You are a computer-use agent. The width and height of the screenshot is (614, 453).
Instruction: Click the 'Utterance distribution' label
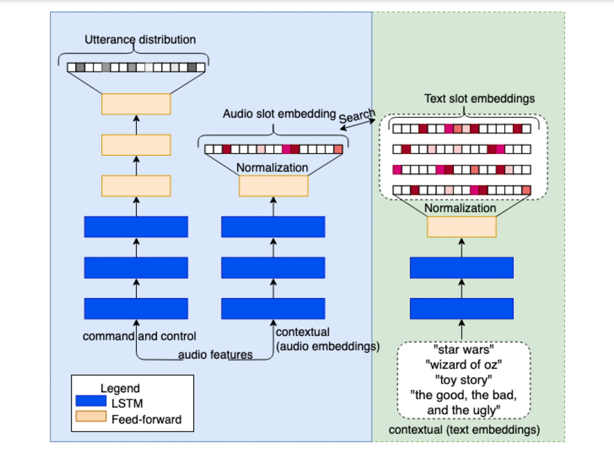click(140, 40)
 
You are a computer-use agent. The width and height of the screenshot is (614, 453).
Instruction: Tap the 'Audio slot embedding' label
click(279, 114)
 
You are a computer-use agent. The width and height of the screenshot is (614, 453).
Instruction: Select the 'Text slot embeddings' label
click(479, 98)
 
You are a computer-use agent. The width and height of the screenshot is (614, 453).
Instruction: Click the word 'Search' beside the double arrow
click(357, 116)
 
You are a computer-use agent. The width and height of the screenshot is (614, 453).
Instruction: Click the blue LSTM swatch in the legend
click(91, 401)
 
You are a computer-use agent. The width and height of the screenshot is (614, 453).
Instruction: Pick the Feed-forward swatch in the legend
click(91, 417)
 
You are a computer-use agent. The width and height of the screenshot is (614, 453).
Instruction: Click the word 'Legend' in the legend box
click(120, 388)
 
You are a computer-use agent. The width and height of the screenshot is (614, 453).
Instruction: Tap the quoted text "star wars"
click(464, 350)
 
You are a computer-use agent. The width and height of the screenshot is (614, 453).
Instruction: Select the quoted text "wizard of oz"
click(464, 365)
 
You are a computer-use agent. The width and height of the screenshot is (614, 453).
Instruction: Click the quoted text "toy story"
click(464, 379)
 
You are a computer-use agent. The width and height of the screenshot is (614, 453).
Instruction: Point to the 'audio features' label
click(215, 355)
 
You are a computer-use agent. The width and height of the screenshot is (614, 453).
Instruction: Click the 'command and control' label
click(139, 336)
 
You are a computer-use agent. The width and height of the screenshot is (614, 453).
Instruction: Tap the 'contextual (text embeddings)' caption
click(464, 430)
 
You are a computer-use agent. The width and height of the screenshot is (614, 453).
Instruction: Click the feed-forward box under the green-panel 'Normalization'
click(462, 227)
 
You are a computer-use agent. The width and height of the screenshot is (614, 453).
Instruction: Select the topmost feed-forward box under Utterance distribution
click(136, 104)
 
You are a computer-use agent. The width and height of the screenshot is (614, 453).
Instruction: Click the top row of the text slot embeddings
click(462, 129)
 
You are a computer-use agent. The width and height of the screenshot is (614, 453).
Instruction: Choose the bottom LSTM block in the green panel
click(462, 309)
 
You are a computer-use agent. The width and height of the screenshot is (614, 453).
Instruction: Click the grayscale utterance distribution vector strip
click(136, 67)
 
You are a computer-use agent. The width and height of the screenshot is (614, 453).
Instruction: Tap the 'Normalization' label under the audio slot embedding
click(272, 168)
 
